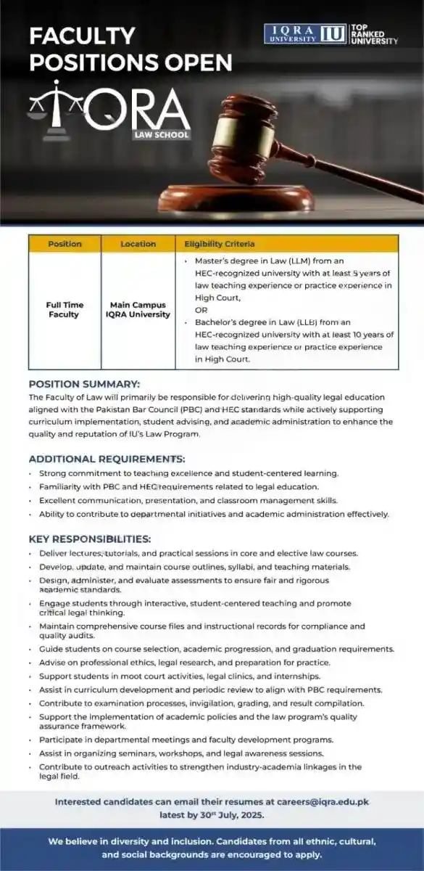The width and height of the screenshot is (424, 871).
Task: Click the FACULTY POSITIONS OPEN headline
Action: coord(130,49)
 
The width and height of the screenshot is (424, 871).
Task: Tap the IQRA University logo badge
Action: coord(304,33)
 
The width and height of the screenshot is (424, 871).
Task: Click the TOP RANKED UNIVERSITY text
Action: coord(374,34)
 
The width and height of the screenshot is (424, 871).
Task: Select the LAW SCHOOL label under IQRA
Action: coord(160,134)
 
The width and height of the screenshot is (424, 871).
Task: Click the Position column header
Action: coord(65,244)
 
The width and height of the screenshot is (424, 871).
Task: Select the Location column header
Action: coord(138,244)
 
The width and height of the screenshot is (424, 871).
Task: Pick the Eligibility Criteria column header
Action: coord(219,244)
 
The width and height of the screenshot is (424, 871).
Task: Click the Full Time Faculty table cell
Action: coord(65,310)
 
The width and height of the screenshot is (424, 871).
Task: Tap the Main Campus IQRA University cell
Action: coord(138,310)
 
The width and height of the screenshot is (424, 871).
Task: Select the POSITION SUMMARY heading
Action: coord(84,384)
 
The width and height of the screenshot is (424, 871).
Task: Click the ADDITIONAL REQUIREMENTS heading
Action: coord(107,459)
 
